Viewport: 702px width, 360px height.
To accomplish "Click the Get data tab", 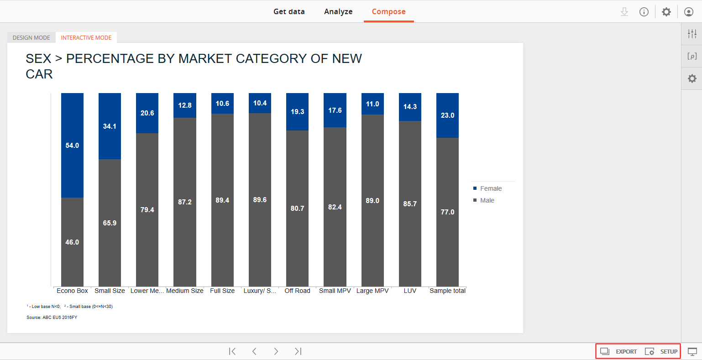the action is (x=289, y=11).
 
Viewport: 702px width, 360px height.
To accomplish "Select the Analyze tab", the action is (x=338, y=11).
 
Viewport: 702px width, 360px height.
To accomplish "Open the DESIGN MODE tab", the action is (x=31, y=37).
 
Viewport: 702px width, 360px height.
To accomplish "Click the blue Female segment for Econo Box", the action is (x=72, y=146).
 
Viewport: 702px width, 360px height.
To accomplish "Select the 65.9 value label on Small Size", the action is (x=110, y=223).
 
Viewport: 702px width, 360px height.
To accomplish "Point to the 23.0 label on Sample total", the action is (x=447, y=115).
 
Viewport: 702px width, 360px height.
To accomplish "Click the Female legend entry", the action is (x=487, y=188).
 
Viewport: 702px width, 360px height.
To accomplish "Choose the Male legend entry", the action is (x=484, y=200).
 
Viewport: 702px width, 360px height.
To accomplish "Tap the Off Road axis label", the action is (x=298, y=291).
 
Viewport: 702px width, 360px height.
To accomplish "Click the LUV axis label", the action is (x=410, y=291).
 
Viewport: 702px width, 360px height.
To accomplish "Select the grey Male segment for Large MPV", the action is (x=372, y=200).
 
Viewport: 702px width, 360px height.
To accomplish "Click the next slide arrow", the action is (x=276, y=351).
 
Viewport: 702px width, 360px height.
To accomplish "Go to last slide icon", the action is (x=298, y=351).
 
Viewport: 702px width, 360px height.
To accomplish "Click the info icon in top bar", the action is (x=644, y=12).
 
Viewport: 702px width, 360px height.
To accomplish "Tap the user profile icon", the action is (x=688, y=12).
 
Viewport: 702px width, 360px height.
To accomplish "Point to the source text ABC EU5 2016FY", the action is (x=60, y=318).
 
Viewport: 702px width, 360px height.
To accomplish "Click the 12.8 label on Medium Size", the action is (x=185, y=105).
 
